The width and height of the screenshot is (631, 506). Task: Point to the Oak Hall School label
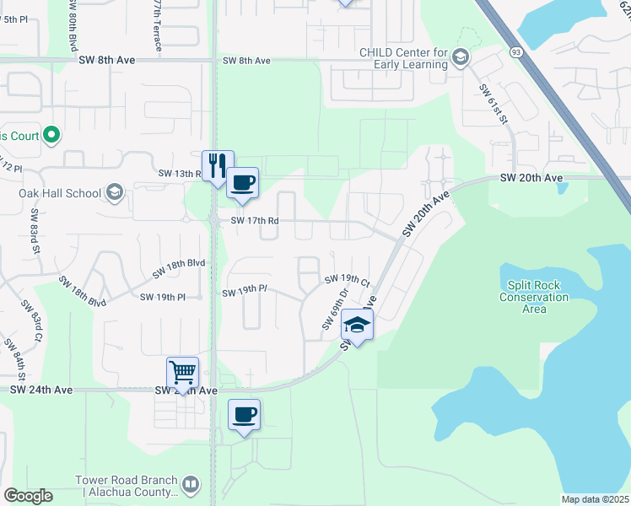(x=60, y=193)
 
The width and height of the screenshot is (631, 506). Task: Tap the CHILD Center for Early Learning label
(x=404, y=58)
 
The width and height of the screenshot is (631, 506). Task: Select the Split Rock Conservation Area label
(x=534, y=297)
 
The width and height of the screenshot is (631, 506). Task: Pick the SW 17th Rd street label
(x=251, y=220)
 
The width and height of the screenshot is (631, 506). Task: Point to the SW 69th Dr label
(x=336, y=310)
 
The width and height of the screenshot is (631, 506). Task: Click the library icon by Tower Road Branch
(x=191, y=485)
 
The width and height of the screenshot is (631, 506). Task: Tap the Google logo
(x=28, y=496)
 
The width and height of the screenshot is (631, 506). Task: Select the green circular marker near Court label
(x=51, y=134)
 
